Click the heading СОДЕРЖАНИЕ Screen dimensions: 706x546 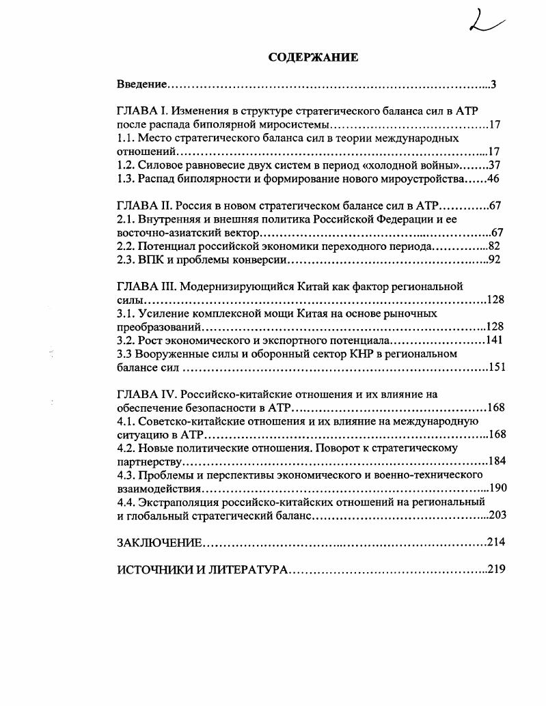coord(313,57)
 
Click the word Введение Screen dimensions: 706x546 coord(142,85)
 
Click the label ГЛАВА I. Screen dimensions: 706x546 coord(142,111)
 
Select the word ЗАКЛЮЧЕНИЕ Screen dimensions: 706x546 coord(159,542)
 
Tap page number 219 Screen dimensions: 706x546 coord(496,569)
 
